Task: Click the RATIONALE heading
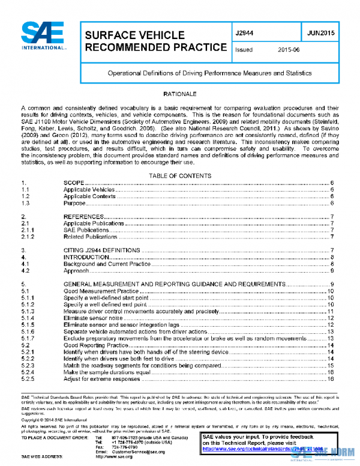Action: click(179, 95)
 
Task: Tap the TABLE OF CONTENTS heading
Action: click(179, 175)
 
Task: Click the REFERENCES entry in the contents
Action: click(84, 216)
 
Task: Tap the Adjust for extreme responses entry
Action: click(105, 380)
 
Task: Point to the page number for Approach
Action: click(332, 271)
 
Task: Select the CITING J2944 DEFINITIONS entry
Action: click(101, 249)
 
